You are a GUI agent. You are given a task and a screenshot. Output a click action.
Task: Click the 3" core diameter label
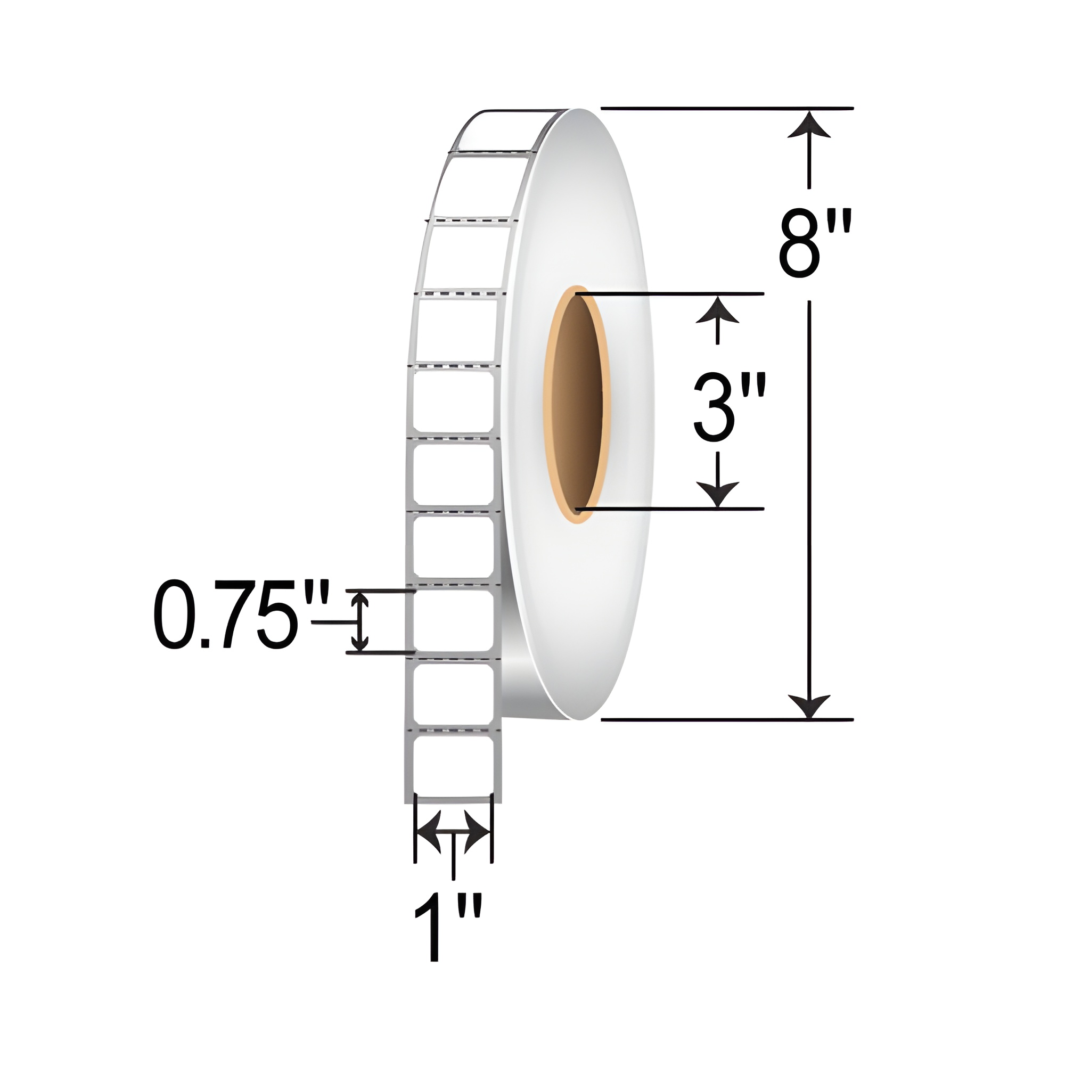729,407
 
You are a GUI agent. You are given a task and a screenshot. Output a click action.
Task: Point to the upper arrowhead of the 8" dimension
809,126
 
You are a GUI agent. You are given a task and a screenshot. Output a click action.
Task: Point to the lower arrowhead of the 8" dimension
809,706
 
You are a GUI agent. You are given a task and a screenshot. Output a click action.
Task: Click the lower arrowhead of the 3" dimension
717,492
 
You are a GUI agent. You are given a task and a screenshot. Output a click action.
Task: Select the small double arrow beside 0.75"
361,621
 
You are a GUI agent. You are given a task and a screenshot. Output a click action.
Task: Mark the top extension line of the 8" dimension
726,109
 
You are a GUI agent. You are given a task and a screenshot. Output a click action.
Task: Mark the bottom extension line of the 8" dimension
726,720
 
